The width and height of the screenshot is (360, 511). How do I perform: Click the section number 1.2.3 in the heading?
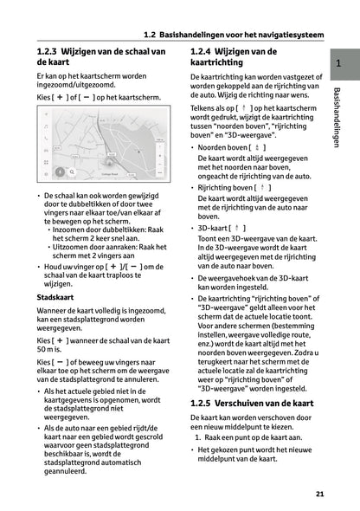point(47,52)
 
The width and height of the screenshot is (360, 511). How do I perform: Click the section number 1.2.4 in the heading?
point(204,52)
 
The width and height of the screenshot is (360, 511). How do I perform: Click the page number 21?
point(319,494)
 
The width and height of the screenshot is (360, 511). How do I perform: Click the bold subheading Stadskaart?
point(54,296)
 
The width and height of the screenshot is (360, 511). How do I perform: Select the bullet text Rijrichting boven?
point(226,187)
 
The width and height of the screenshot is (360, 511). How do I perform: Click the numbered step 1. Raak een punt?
point(237,437)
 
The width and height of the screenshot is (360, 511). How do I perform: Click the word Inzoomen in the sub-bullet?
point(71,229)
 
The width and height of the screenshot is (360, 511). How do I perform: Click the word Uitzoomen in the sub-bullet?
point(72,247)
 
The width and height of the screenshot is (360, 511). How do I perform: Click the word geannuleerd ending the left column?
point(74,473)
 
